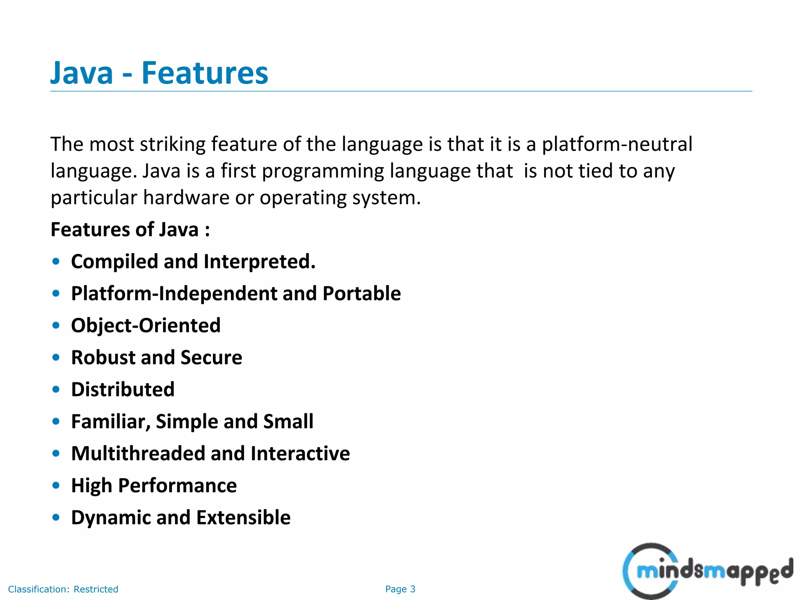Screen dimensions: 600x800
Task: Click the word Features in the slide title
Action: tap(205, 73)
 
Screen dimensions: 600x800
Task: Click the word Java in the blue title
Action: tap(82, 73)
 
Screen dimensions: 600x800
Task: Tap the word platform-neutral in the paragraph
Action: tap(617, 144)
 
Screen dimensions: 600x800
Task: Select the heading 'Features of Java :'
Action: tap(130, 229)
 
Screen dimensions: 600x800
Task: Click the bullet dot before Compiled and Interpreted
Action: tap(56, 261)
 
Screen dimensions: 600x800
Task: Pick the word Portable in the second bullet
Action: tap(362, 293)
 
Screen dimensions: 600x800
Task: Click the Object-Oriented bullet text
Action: tap(146, 325)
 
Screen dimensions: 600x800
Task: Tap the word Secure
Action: tap(211, 357)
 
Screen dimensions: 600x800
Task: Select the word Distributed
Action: tap(123, 389)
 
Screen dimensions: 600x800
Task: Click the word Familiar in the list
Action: tap(111, 421)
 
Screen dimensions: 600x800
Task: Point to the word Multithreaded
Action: tap(138, 454)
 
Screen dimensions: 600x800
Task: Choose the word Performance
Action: tap(177, 486)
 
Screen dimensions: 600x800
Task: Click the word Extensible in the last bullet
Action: tap(243, 518)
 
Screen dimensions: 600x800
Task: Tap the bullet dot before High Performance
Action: tap(56, 486)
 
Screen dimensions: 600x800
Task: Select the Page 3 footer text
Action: tap(400, 589)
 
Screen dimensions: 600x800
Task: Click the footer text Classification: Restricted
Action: tap(63, 589)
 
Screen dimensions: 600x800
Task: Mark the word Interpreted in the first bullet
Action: tap(259, 261)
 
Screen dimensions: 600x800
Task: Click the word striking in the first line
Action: tap(172, 144)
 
